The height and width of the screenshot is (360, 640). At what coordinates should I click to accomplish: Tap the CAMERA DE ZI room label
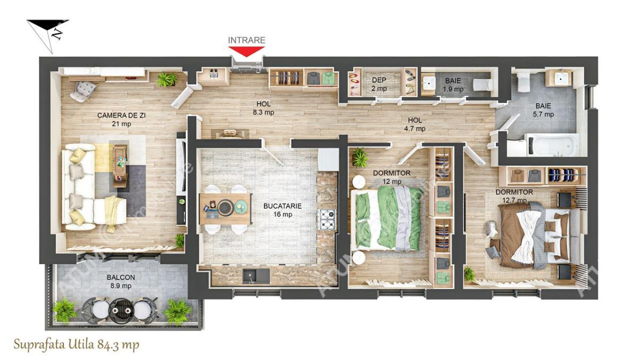tap(114, 119)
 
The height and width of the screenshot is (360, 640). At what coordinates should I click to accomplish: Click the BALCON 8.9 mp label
tap(121, 282)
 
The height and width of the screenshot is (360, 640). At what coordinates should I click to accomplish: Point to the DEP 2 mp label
tap(379, 84)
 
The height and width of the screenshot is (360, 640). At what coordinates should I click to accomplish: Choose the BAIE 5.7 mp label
tap(544, 110)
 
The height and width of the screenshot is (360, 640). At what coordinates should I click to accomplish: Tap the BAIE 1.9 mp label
tap(454, 85)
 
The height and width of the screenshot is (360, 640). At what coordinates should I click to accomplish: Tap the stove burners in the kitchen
tap(326, 219)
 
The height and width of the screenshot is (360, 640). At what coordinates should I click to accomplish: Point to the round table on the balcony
tap(121, 308)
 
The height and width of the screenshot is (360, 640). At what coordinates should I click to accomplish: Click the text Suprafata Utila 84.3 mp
tap(77, 345)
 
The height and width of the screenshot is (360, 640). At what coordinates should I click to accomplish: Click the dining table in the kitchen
tap(225, 207)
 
